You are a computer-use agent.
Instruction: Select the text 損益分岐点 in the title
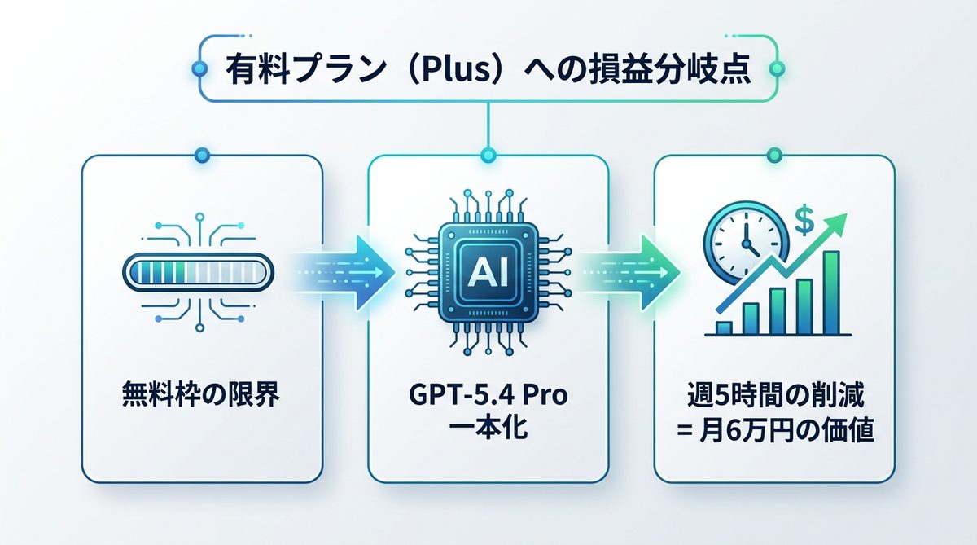(x=675, y=71)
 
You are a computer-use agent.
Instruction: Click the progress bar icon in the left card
(x=200, y=270)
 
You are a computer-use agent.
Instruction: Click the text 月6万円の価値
(x=786, y=429)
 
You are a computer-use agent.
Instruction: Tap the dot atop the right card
(x=774, y=154)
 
